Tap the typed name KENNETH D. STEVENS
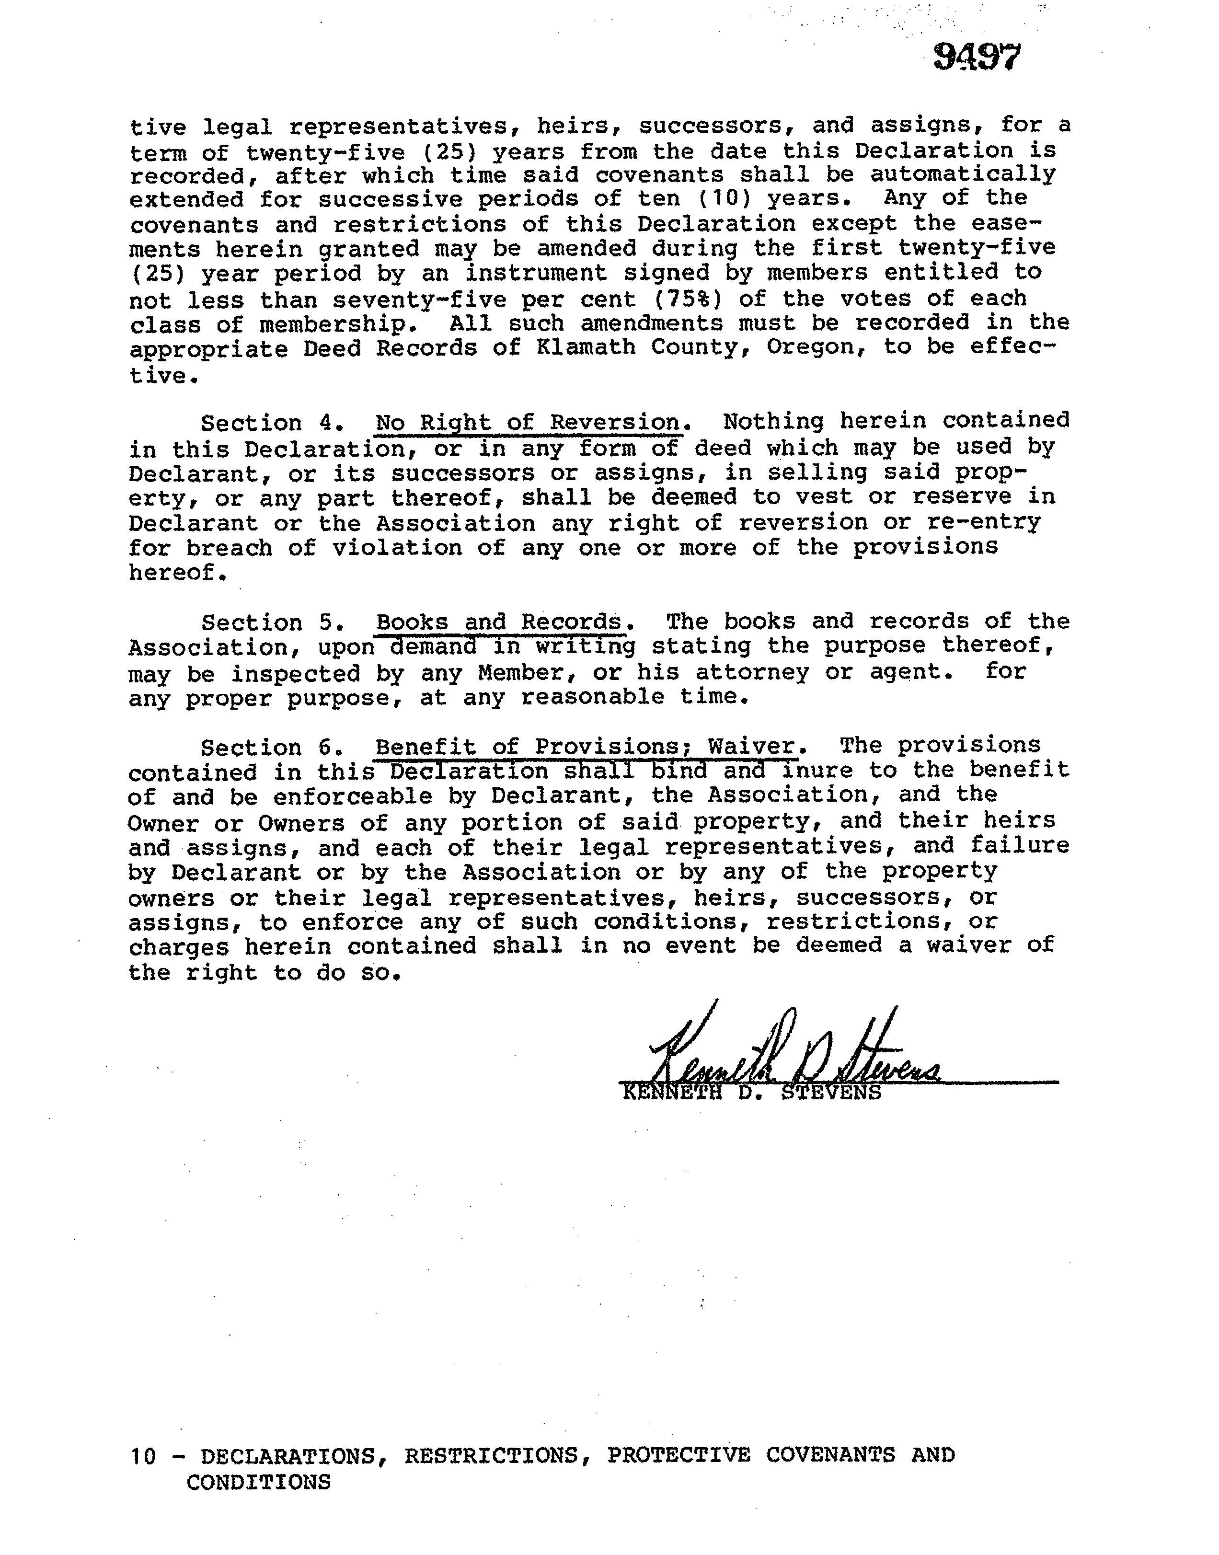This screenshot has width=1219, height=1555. (x=751, y=1093)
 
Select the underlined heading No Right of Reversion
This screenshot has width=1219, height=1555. (x=528, y=423)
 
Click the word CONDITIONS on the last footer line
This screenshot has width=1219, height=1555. (x=258, y=1482)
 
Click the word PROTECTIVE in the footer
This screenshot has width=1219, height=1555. (x=678, y=1455)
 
